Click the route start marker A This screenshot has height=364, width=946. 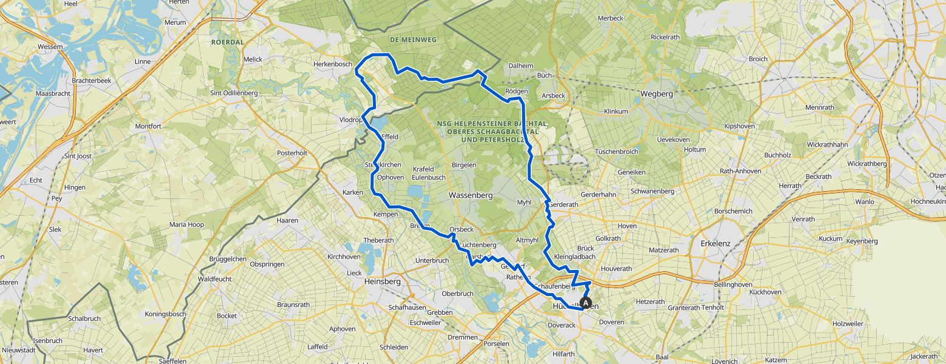point(586,302)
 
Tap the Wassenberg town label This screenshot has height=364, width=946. point(470,195)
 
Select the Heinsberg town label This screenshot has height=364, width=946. point(383,281)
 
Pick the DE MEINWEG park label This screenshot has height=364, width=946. point(413,39)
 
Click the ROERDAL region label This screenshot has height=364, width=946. point(227,42)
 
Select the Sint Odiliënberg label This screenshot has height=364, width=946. point(234,93)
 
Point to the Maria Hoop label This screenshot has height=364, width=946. point(186,224)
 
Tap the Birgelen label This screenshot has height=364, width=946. point(465,164)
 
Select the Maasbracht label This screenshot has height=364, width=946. point(53,93)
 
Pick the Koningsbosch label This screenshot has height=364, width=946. point(165,314)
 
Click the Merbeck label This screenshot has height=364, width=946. point(610,18)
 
